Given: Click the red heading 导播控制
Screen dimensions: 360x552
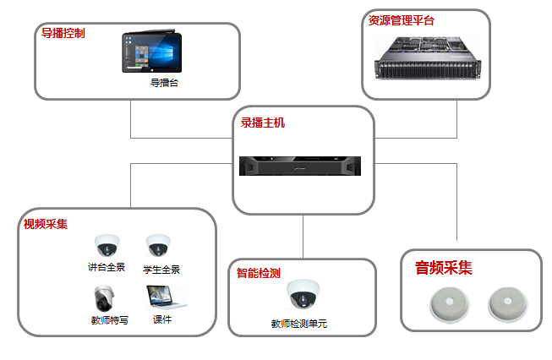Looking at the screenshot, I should pos(63,34).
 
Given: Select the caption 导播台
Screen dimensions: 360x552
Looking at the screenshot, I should pos(164,83).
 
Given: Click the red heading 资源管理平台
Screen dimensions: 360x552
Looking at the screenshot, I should pos(401,20).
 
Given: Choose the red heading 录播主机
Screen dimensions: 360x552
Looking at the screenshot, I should pos(263,123).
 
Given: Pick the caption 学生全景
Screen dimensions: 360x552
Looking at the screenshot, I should pos(161,270).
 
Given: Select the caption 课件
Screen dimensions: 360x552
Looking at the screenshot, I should pos(162,320).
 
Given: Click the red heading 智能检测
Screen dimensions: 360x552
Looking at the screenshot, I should pos(258,272).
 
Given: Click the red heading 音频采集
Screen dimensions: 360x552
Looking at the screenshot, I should pos(443,269).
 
